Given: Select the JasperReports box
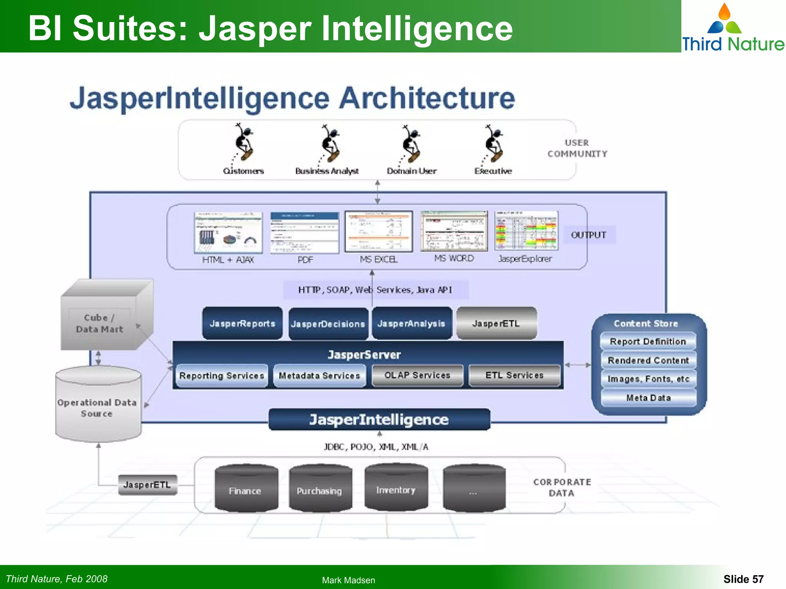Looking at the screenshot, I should [x=242, y=323].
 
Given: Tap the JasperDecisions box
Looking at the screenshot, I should [x=328, y=324].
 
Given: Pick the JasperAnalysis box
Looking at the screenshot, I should [x=411, y=323].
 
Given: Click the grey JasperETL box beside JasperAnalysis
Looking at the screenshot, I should [x=496, y=323].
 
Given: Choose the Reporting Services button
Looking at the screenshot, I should [x=221, y=375].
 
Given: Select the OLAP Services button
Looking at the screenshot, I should [x=417, y=375].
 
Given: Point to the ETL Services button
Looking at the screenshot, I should [x=514, y=375].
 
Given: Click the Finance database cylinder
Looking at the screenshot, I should [x=246, y=489].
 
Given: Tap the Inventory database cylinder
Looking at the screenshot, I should [x=396, y=488].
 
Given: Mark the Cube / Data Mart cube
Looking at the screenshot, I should [x=104, y=318].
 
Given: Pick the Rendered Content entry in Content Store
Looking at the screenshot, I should [x=648, y=360].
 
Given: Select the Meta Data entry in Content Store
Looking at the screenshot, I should [x=648, y=398].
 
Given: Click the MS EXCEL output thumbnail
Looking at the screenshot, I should [x=378, y=231].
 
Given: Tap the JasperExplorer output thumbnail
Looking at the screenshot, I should [x=526, y=231].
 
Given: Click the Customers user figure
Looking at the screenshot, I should [x=244, y=144].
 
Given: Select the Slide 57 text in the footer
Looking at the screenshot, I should [x=743, y=579].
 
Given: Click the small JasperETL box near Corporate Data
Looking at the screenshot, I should [x=147, y=485].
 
